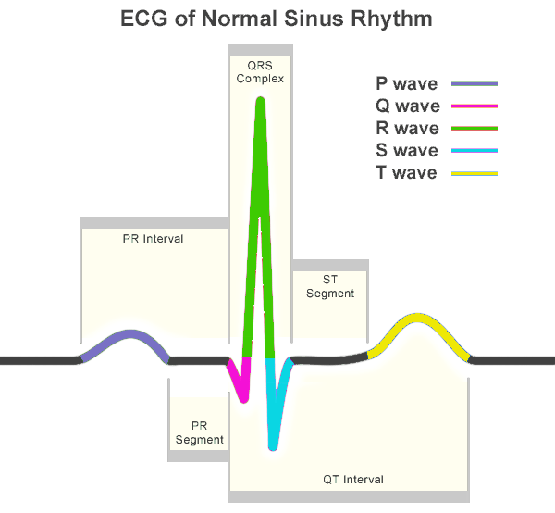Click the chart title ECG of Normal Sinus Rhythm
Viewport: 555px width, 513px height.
[277, 19]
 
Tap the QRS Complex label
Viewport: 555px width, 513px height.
[260, 72]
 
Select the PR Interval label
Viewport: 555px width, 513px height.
[153, 239]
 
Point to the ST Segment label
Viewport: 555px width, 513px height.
[330, 286]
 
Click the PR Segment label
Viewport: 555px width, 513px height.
[199, 432]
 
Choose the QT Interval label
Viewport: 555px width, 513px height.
[353, 480]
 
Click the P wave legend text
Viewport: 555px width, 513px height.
[407, 84]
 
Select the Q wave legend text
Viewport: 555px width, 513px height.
[408, 106]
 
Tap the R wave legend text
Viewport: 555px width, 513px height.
[407, 128]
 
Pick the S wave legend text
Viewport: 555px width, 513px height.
[407, 151]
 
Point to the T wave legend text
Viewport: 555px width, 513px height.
[406, 173]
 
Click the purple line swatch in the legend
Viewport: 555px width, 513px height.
[475, 84]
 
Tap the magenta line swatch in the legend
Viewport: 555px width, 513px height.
[475, 106]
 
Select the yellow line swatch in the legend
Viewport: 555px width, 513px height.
[475, 173]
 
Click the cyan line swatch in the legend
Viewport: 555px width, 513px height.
[475, 151]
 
